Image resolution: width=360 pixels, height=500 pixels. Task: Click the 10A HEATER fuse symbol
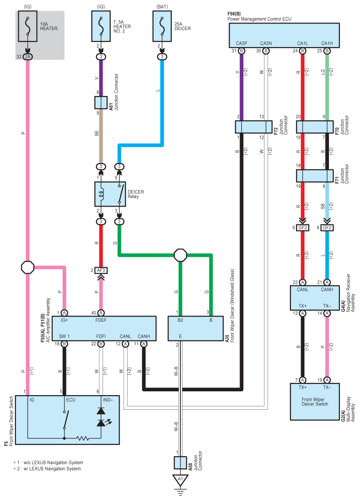click(28, 26)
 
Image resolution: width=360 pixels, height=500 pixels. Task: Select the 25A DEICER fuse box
click(162, 26)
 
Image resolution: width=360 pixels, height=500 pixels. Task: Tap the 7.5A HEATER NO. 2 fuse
click(101, 26)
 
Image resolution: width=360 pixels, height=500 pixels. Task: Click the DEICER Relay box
click(110, 194)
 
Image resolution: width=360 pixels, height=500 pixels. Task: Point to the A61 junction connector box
click(101, 103)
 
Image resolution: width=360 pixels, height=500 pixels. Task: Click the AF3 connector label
click(101, 270)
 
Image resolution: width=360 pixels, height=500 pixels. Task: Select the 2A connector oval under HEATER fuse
click(28, 56)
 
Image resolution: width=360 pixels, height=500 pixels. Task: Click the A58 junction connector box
click(180, 463)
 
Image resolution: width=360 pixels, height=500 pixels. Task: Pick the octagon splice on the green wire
click(180, 255)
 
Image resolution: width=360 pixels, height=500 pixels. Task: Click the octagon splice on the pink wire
click(28, 267)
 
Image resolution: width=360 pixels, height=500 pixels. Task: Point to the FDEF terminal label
click(101, 320)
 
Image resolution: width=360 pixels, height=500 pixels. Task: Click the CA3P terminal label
click(241, 43)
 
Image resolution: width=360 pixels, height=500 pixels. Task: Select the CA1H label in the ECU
click(327, 43)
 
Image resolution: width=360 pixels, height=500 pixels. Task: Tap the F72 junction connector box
click(254, 127)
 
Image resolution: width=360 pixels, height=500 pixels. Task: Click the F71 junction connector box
click(315, 176)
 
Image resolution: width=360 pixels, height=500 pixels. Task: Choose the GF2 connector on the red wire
click(303, 228)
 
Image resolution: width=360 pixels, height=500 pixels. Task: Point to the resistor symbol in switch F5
click(83, 438)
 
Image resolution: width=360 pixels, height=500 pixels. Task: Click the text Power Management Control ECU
click(259, 19)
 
